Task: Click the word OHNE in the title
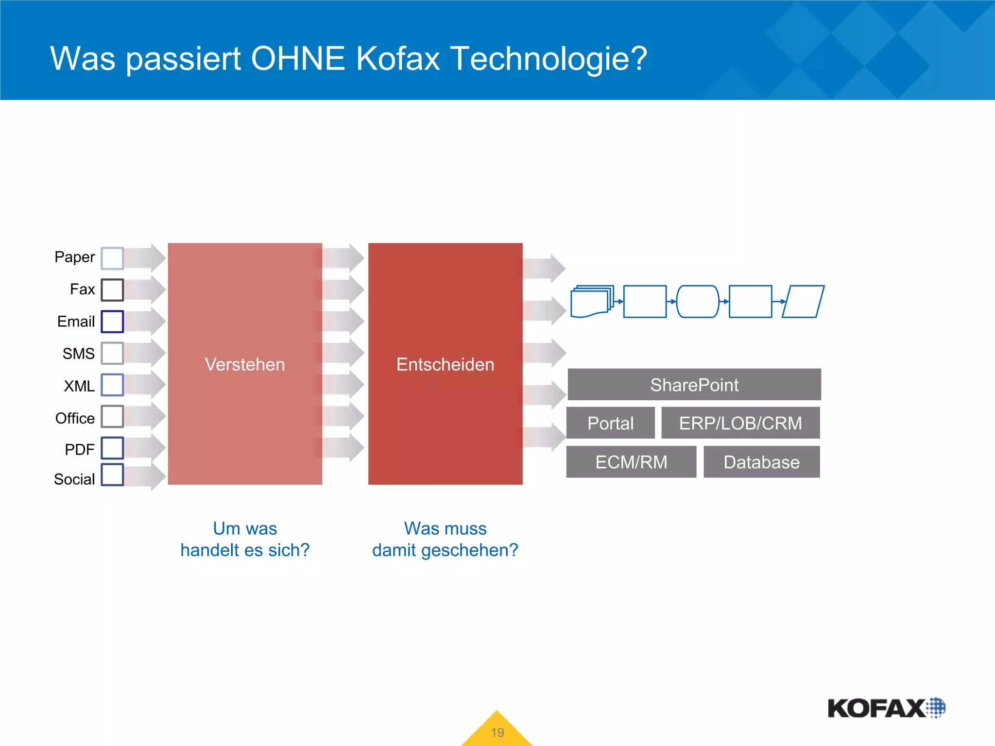pos(297,59)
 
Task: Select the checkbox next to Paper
pos(112,258)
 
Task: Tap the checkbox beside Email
pos(112,322)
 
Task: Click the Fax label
pos(82,289)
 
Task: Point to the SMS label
pos(78,354)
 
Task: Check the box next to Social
pos(112,475)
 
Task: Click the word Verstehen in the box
pos(245,364)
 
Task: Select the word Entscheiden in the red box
pos(445,364)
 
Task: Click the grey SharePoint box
pos(694,385)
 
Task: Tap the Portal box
pos(610,423)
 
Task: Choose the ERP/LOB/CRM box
pos(740,423)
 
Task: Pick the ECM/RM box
pos(631,462)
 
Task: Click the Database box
pos(761,462)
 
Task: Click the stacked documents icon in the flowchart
pos(591,302)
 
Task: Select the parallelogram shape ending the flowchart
pos(803,302)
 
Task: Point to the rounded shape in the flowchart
pos(697,302)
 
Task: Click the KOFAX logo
pos(885,708)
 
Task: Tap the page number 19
pos(497,732)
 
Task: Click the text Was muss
pos(445,528)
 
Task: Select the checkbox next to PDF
pos(112,448)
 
